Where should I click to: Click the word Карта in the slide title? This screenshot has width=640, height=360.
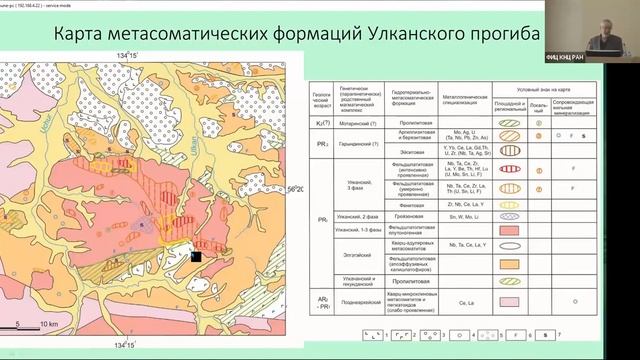coord(63,37)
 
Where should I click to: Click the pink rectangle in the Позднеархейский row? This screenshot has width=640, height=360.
coord(508,297)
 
